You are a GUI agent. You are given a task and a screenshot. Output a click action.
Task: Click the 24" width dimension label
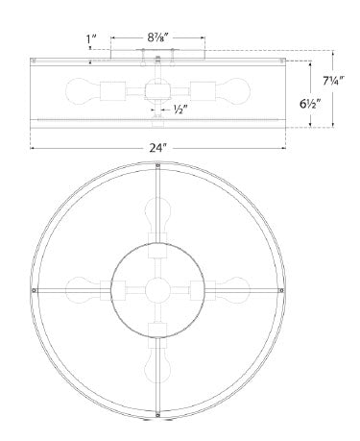(158, 148)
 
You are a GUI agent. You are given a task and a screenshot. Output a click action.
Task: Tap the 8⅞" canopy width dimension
(157, 37)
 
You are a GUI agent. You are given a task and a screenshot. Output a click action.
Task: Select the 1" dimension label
(91, 38)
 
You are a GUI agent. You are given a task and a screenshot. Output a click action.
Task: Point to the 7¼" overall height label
(333, 81)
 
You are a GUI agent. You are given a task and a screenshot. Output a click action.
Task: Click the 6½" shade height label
(310, 104)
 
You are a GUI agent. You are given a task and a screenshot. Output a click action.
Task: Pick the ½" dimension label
(180, 110)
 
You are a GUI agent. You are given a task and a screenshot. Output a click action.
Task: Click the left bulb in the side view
(84, 91)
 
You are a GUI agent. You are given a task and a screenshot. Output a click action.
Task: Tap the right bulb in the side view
(232, 91)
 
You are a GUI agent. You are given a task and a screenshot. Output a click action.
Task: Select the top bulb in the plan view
(157, 215)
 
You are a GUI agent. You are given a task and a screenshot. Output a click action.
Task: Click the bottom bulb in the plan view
(157, 365)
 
